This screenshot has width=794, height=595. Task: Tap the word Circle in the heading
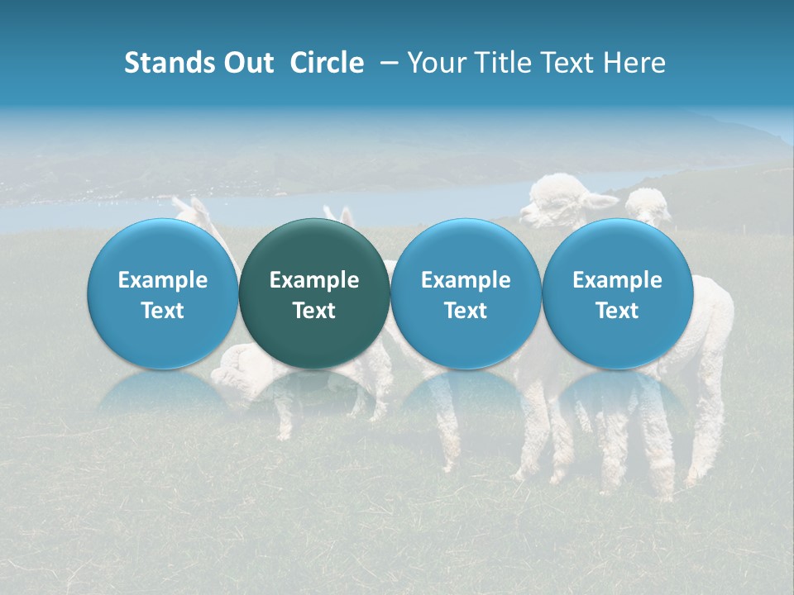[327, 63]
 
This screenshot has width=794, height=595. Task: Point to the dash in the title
[386, 63]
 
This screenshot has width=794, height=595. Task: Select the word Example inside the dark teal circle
[314, 280]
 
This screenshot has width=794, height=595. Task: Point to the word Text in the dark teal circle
[314, 311]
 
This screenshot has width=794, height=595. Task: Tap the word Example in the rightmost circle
[618, 280]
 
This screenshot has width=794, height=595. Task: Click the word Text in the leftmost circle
[163, 311]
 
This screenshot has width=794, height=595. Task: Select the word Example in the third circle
[466, 280]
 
